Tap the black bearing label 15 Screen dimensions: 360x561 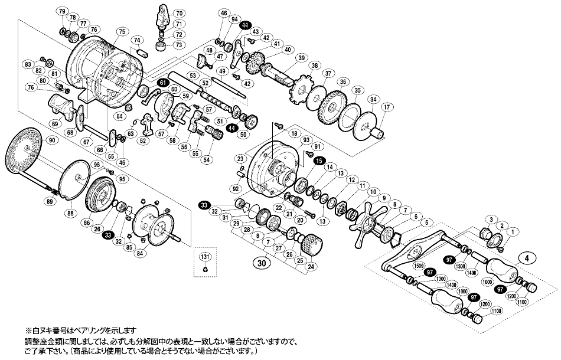coord(319,161)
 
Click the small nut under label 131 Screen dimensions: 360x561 coord(204,270)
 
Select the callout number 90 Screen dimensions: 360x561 coord(52,140)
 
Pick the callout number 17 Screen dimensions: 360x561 coord(387,107)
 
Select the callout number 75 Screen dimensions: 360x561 coord(122,31)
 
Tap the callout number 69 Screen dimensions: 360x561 coord(55,123)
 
